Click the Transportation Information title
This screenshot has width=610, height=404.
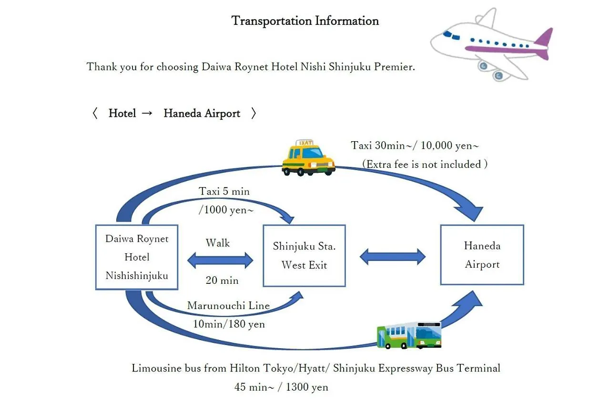(x=305, y=21)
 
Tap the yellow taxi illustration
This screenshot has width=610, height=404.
(x=308, y=158)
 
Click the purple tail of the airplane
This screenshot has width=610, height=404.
(x=544, y=43)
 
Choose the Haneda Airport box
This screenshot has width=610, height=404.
(x=482, y=255)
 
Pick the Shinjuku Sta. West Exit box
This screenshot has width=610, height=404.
(x=304, y=256)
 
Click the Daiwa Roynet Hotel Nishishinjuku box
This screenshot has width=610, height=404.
(x=137, y=257)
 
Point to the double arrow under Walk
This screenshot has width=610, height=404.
(x=220, y=260)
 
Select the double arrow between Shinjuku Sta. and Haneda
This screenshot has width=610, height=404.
(x=392, y=257)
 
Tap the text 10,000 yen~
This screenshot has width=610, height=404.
(x=453, y=145)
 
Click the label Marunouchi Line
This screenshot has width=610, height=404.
(x=228, y=306)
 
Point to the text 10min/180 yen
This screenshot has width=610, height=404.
(x=229, y=324)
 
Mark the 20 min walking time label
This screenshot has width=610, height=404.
(x=222, y=280)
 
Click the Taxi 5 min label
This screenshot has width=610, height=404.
(x=224, y=191)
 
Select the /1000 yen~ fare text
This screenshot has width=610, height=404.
(x=222, y=210)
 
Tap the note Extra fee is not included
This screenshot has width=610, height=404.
(x=425, y=165)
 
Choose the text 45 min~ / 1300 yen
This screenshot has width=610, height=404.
(x=281, y=387)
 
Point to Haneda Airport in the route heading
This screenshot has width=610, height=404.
(x=202, y=114)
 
